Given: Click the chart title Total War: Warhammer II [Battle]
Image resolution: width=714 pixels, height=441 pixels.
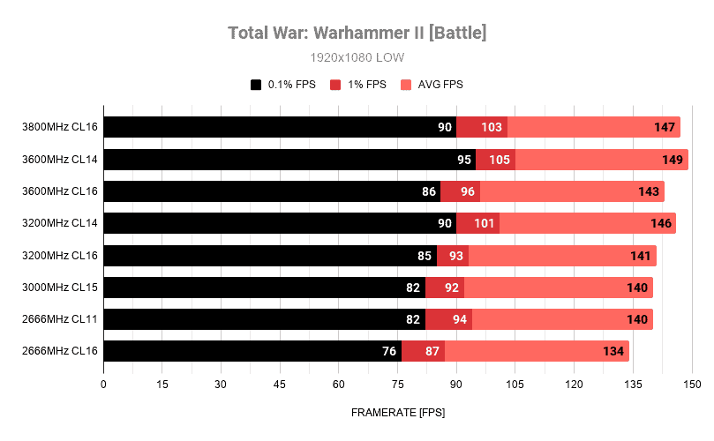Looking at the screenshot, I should click(x=357, y=33).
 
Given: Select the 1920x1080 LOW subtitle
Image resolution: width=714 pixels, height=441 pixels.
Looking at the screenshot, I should click(x=357, y=57).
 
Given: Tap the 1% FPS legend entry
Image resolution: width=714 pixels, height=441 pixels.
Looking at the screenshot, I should click(x=358, y=85).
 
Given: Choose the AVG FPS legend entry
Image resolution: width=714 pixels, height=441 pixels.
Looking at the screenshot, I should click(x=432, y=85).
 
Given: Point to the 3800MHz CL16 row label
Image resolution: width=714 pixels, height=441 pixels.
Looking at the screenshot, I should click(x=60, y=127).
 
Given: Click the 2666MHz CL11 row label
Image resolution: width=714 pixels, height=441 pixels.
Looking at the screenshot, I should click(x=60, y=319).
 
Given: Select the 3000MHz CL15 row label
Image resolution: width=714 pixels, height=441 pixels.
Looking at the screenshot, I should click(x=60, y=288).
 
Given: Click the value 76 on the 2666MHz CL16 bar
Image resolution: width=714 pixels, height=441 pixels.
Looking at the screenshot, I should click(x=389, y=351).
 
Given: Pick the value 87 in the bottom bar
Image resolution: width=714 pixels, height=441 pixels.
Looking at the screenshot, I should click(x=433, y=351).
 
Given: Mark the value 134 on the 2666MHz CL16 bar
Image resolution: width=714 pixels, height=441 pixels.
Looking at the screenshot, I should click(x=613, y=351).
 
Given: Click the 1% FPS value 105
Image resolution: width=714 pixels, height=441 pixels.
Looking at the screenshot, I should click(x=500, y=160).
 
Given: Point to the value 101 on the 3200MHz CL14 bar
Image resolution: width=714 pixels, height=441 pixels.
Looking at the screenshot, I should click(x=484, y=223).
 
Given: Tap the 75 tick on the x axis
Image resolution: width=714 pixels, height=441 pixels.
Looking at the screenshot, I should click(x=397, y=385).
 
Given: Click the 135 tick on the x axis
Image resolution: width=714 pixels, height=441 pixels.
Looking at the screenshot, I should click(x=633, y=385).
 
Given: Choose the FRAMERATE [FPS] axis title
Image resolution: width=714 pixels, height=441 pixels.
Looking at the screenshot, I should click(x=397, y=412).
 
